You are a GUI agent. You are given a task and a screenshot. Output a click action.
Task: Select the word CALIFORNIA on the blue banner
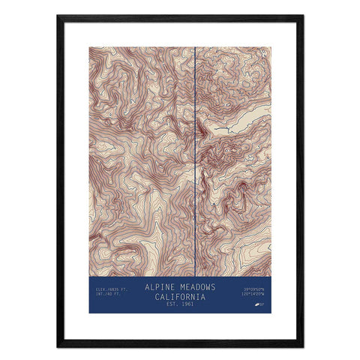coord(180,295)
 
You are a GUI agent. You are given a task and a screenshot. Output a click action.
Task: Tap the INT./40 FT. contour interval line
coord(107,293)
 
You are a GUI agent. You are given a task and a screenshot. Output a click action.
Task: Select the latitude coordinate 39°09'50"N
coord(254,288)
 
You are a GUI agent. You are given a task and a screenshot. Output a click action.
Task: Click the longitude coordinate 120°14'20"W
coord(254,293)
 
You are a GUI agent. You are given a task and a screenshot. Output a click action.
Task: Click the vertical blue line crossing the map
coord(195,150)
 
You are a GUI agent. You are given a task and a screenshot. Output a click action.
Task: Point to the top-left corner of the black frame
coord(58,16)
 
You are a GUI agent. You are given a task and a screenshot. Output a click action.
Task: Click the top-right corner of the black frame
coord(302,16)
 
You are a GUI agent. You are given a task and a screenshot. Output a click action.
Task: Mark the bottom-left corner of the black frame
coord(58,346)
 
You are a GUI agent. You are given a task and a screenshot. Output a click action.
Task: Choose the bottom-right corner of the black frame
coord(302,346)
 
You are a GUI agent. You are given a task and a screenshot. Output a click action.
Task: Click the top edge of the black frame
coord(180,16)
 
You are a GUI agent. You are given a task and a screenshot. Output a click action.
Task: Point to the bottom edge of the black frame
coord(180,345)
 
